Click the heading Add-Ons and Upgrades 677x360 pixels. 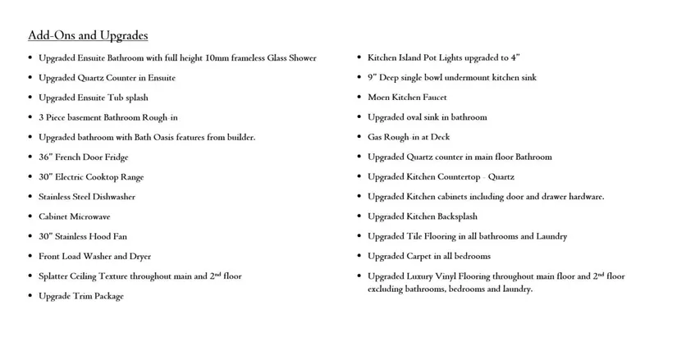[x=88, y=35]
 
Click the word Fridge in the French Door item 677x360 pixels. [x=116, y=157]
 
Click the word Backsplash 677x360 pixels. [x=455, y=216]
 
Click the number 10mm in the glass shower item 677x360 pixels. [x=222, y=57]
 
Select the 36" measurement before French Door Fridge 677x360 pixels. [x=44, y=157]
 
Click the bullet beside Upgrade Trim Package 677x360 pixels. [x=30, y=296]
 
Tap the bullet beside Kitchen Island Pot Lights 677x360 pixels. [x=359, y=57]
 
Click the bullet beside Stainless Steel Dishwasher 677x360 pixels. [x=30, y=197]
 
